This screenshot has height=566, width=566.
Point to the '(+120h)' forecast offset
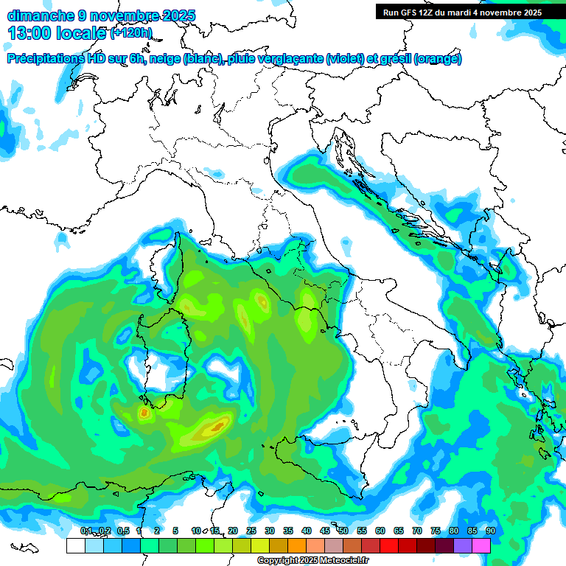pyautogui.click(x=130, y=32)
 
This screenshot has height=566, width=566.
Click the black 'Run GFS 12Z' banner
pyautogui.click(x=462, y=12)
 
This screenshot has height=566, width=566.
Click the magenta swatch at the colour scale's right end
pyautogui.click(x=481, y=545)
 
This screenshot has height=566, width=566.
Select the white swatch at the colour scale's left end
pyautogui.click(x=75, y=545)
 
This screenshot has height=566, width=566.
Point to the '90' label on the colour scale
pyautogui.click(x=490, y=531)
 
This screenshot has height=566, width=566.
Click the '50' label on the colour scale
pyautogui.click(x=343, y=531)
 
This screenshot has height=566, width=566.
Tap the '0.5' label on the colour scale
pyautogui.click(x=123, y=531)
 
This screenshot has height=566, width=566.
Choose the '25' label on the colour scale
pyautogui.click(x=251, y=531)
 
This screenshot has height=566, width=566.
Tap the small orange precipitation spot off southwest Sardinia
pyautogui.click(x=144, y=413)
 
